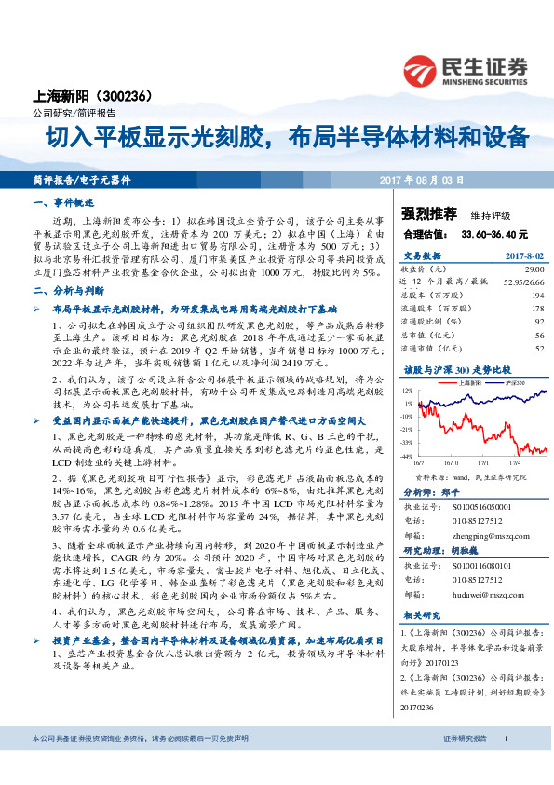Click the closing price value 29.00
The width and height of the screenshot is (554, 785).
534,268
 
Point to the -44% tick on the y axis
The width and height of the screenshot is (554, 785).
408,457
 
